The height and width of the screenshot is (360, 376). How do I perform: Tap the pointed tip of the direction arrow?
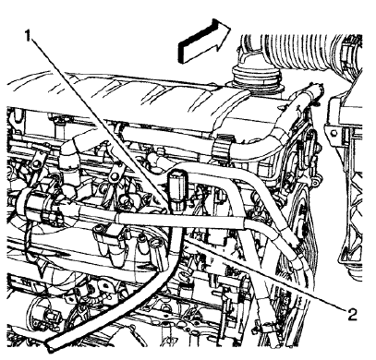tap(227, 32)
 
